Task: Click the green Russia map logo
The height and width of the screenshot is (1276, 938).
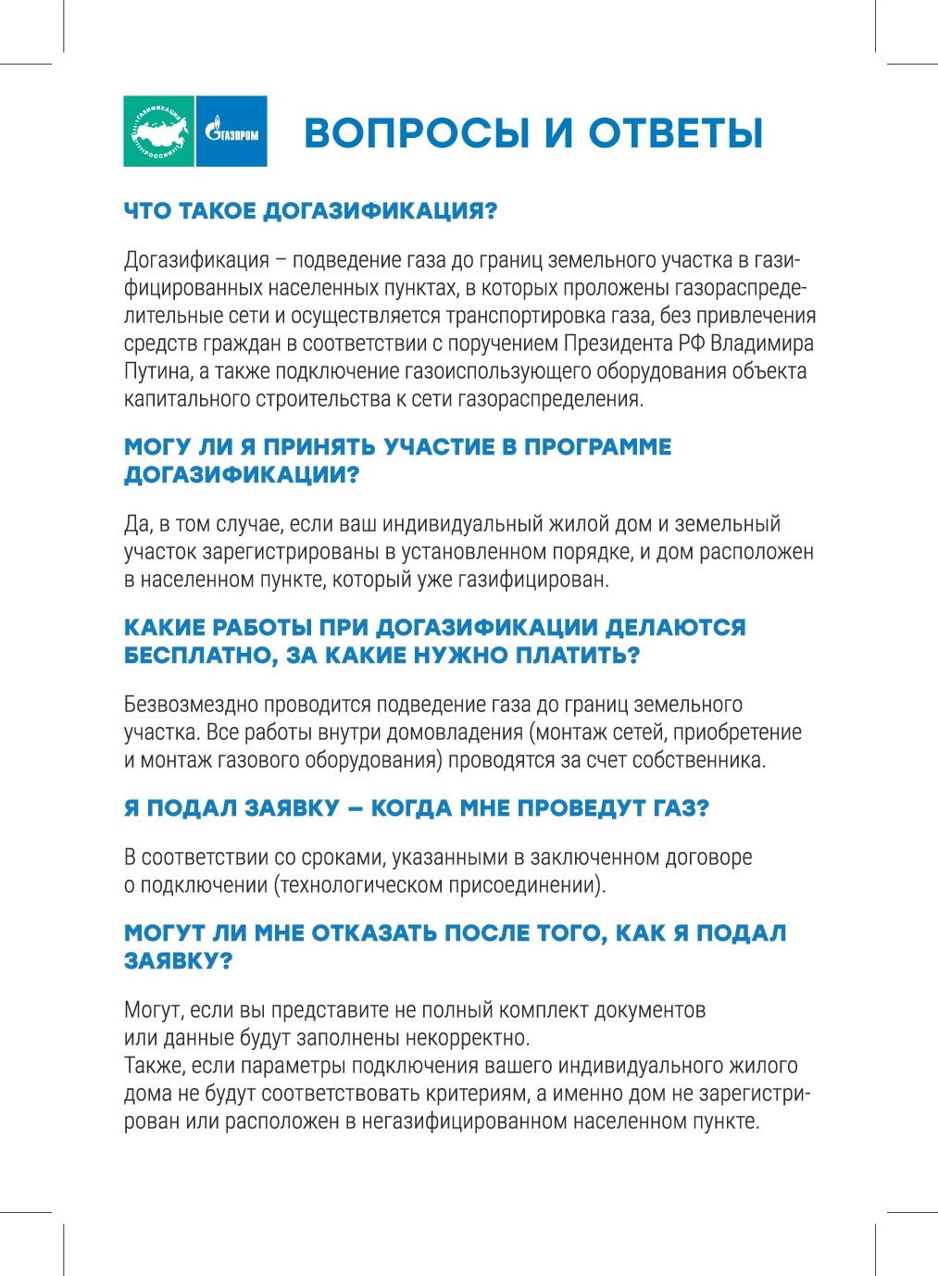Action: pos(158,131)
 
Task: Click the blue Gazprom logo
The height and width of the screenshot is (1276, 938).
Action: pos(231,131)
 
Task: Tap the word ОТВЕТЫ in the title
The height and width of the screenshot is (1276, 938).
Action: pos(676,133)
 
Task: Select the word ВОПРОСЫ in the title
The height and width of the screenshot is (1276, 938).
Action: pos(417,133)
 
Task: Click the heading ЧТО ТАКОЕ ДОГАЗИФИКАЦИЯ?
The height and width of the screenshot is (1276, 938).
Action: pos(310,211)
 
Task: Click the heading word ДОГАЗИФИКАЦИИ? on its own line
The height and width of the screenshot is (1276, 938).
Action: pos(242,475)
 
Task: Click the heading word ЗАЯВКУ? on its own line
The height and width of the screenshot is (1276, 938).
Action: pos(178,961)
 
